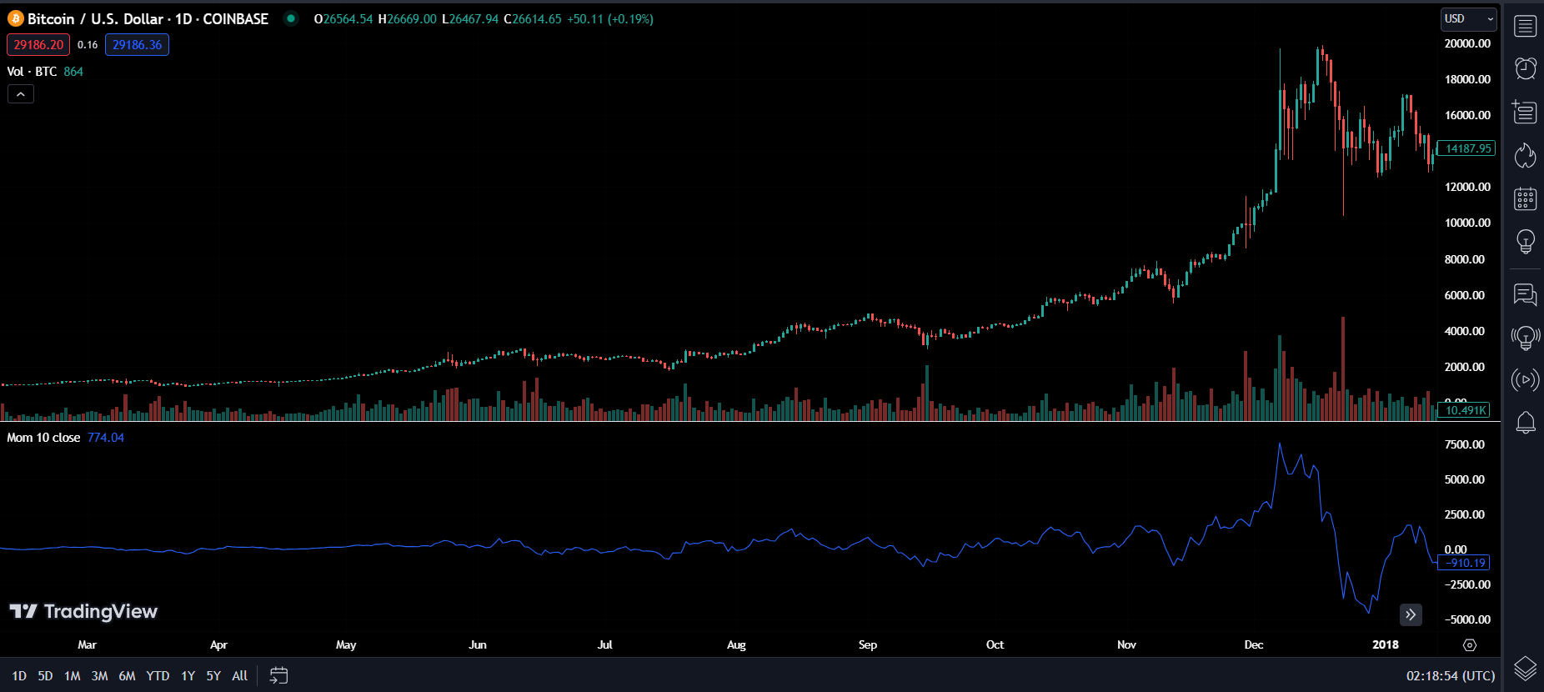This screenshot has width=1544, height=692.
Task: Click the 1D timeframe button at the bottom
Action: click(x=19, y=676)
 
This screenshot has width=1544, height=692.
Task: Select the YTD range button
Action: click(x=158, y=676)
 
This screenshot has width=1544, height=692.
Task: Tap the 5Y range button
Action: click(x=213, y=676)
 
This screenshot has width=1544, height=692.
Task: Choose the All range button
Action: click(x=239, y=676)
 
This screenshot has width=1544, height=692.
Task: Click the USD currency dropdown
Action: click(x=1468, y=19)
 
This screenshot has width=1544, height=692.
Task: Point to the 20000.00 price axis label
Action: click(x=1467, y=43)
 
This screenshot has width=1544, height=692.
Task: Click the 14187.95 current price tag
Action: click(x=1467, y=148)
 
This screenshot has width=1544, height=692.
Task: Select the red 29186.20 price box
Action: click(x=38, y=45)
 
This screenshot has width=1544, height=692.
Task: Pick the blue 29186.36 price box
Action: click(x=137, y=45)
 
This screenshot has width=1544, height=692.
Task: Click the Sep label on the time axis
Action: click(x=868, y=644)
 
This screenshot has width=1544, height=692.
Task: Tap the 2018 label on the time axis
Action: click(x=1386, y=644)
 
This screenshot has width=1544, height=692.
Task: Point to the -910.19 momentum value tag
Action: click(x=1466, y=563)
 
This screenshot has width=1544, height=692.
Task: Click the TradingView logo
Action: click(x=83, y=612)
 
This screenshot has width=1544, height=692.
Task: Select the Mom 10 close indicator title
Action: click(x=44, y=438)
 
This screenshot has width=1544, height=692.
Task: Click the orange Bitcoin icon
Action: click(x=16, y=18)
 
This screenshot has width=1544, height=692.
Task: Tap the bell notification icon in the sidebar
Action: click(x=1525, y=423)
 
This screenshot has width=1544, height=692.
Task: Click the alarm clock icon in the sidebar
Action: click(x=1525, y=68)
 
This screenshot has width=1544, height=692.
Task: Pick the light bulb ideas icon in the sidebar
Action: click(x=1525, y=242)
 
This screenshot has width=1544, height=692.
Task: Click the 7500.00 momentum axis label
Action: click(x=1465, y=444)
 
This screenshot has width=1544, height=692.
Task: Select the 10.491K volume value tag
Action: click(x=1465, y=410)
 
